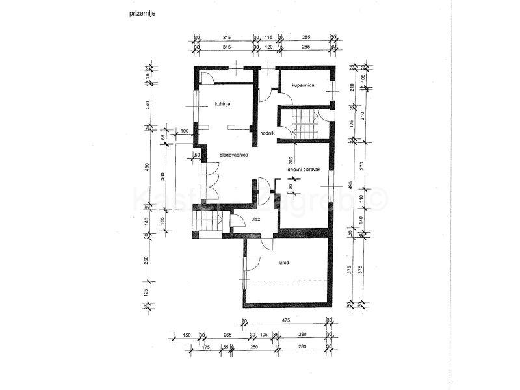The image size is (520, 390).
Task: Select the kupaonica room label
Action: pyautogui.click(x=304, y=85)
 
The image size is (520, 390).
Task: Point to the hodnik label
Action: pyautogui.click(x=268, y=133)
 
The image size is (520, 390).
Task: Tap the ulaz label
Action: pyautogui.click(x=255, y=220)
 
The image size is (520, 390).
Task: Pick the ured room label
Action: pyautogui.click(x=285, y=263)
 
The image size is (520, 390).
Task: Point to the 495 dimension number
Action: pyautogui.click(x=350, y=188)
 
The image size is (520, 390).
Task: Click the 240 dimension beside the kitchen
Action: pyautogui.click(x=148, y=106)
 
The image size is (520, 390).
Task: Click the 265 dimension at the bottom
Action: pyautogui.click(x=227, y=335)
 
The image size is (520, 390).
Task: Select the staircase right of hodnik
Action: pyautogui.click(x=304, y=122)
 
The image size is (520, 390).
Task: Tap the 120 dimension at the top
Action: pyautogui.click(x=268, y=47)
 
